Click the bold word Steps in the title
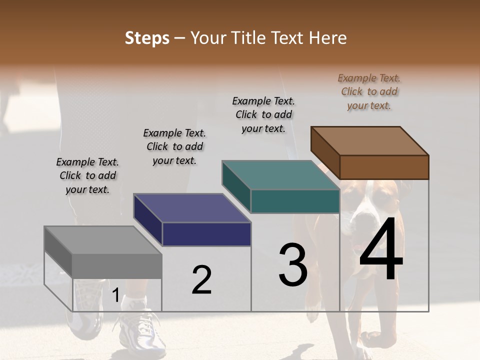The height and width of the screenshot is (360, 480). tap(147, 38)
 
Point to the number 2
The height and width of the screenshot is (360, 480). tap(201, 279)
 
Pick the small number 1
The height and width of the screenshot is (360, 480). tap(115, 295)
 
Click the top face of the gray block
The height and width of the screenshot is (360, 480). tap(102, 239)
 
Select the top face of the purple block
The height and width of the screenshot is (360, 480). tap(192, 207)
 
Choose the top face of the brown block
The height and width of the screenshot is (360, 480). tap(370, 140)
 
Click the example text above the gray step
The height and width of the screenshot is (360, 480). tap(87, 175)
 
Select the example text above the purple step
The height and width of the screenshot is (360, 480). tap(174, 146)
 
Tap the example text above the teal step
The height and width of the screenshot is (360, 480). tap(263, 114)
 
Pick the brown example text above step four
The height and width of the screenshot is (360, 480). tap(369, 91)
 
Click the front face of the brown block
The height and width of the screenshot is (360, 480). tap(384, 167)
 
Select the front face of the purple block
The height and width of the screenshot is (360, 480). tap(206, 234)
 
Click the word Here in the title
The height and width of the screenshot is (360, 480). tap(327, 38)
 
